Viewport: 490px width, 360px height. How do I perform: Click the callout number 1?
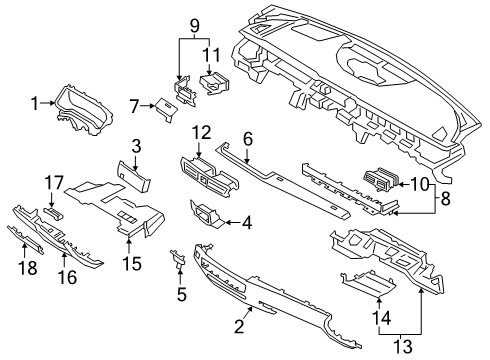click(35, 102)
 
